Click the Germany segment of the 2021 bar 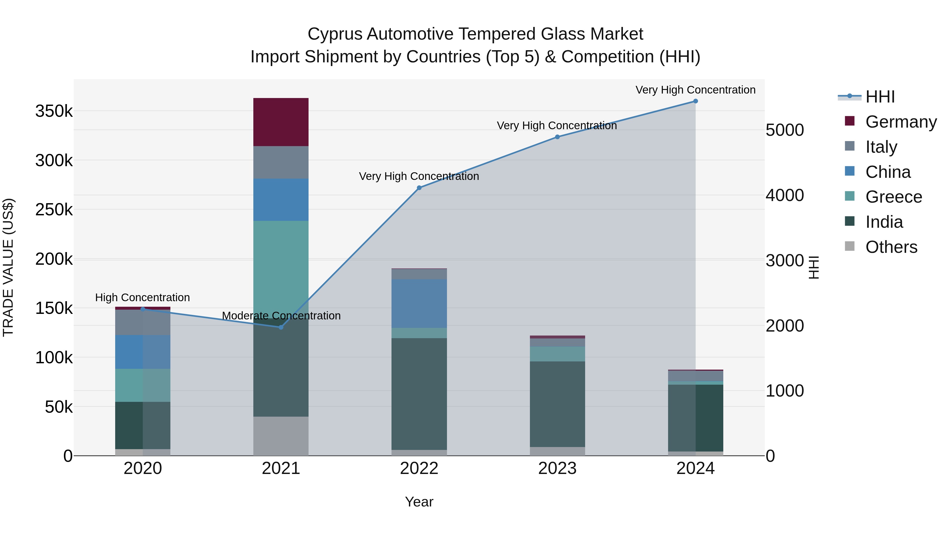click(x=281, y=122)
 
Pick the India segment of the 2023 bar click(x=557, y=404)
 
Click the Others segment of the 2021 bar click(x=281, y=436)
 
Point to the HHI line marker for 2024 click(x=696, y=101)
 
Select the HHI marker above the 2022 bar click(x=419, y=188)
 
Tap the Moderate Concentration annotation click(x=281, y=316)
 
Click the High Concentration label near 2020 click(x=142, y=297)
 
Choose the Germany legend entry click(x=901, y=122)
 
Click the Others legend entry click(x=891, y=247)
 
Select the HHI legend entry click(x=880, y=97)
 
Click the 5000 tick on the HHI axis click(x=785, y=130)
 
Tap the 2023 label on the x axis click(x=557, y=468)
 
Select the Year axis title click(x=419, y=502)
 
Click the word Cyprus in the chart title click(x=335, y=34)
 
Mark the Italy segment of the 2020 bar click(x=142, y=322)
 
